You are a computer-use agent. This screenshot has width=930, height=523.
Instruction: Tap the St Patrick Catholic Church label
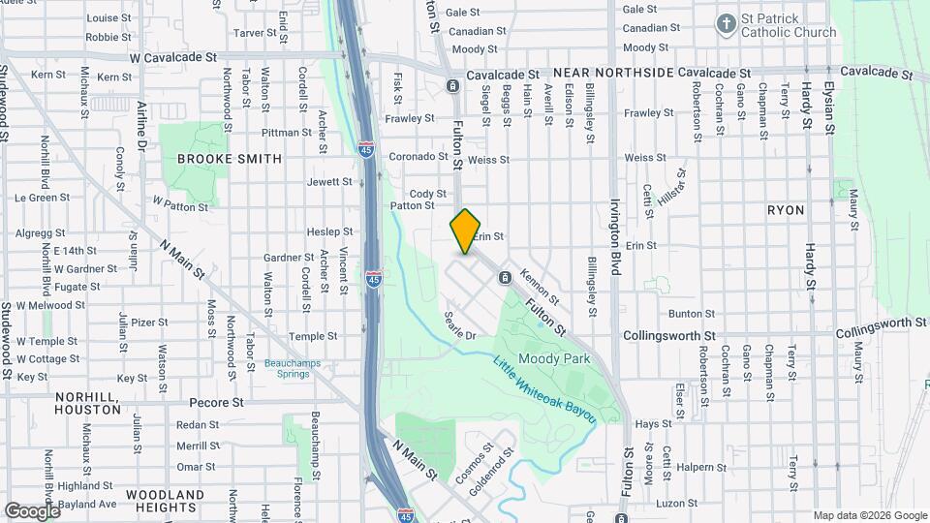coord(788,26)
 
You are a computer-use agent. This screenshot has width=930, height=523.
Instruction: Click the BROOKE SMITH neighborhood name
coord(230,159)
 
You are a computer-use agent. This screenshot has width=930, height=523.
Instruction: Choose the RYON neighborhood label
coord(786,209)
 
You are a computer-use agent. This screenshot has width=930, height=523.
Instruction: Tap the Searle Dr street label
coord(460,326)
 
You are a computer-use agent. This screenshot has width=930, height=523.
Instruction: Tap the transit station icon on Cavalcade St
coord(453,86)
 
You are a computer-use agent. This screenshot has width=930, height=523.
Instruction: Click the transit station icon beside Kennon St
coord(505,279)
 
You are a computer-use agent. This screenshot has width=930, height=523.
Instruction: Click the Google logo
coord(32,510)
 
